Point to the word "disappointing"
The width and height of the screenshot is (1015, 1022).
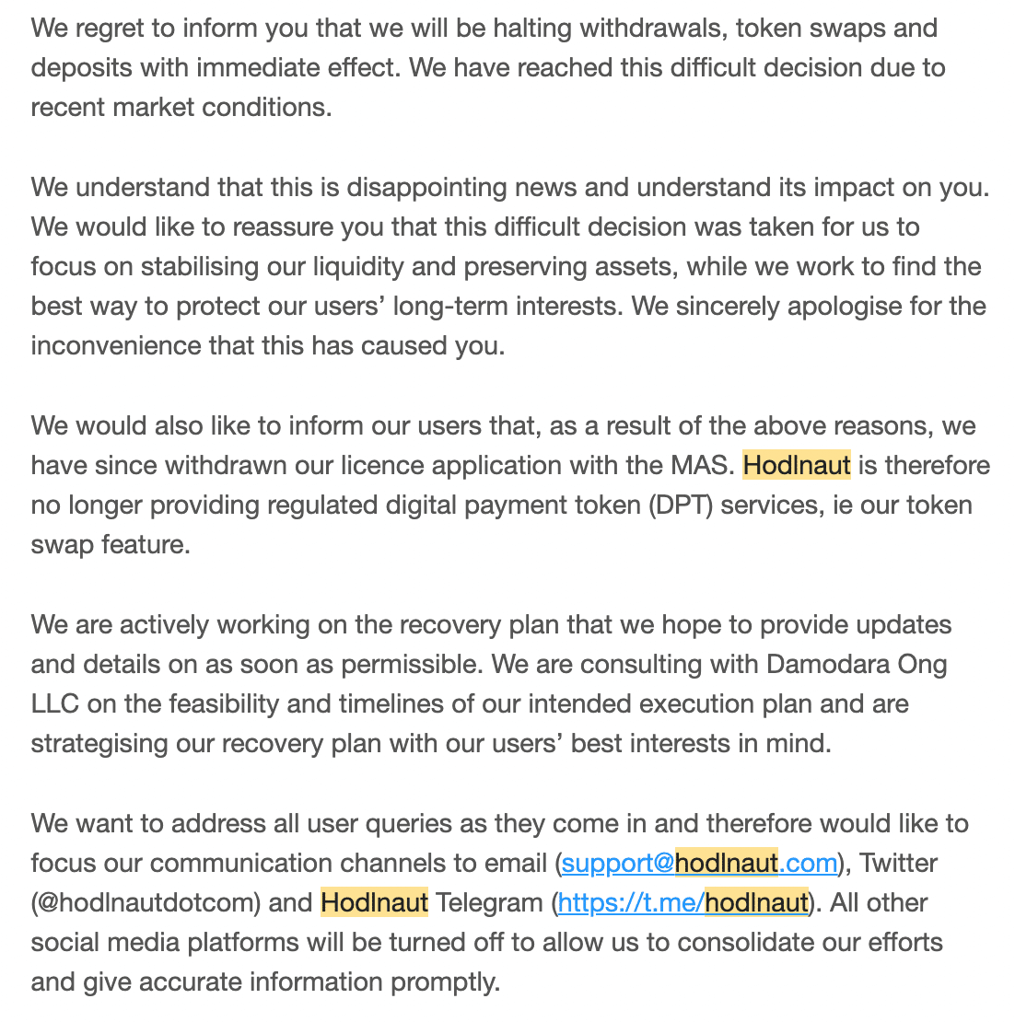click(426, 187)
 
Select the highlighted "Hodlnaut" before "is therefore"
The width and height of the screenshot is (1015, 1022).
click(797, 465)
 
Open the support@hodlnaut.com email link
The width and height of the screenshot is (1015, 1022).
click(699, 863)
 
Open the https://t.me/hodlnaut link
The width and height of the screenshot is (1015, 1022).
click(682, 902)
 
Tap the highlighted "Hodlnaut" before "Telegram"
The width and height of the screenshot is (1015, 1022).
click(374, 902)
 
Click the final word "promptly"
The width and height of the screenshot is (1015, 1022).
click(445, 981)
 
